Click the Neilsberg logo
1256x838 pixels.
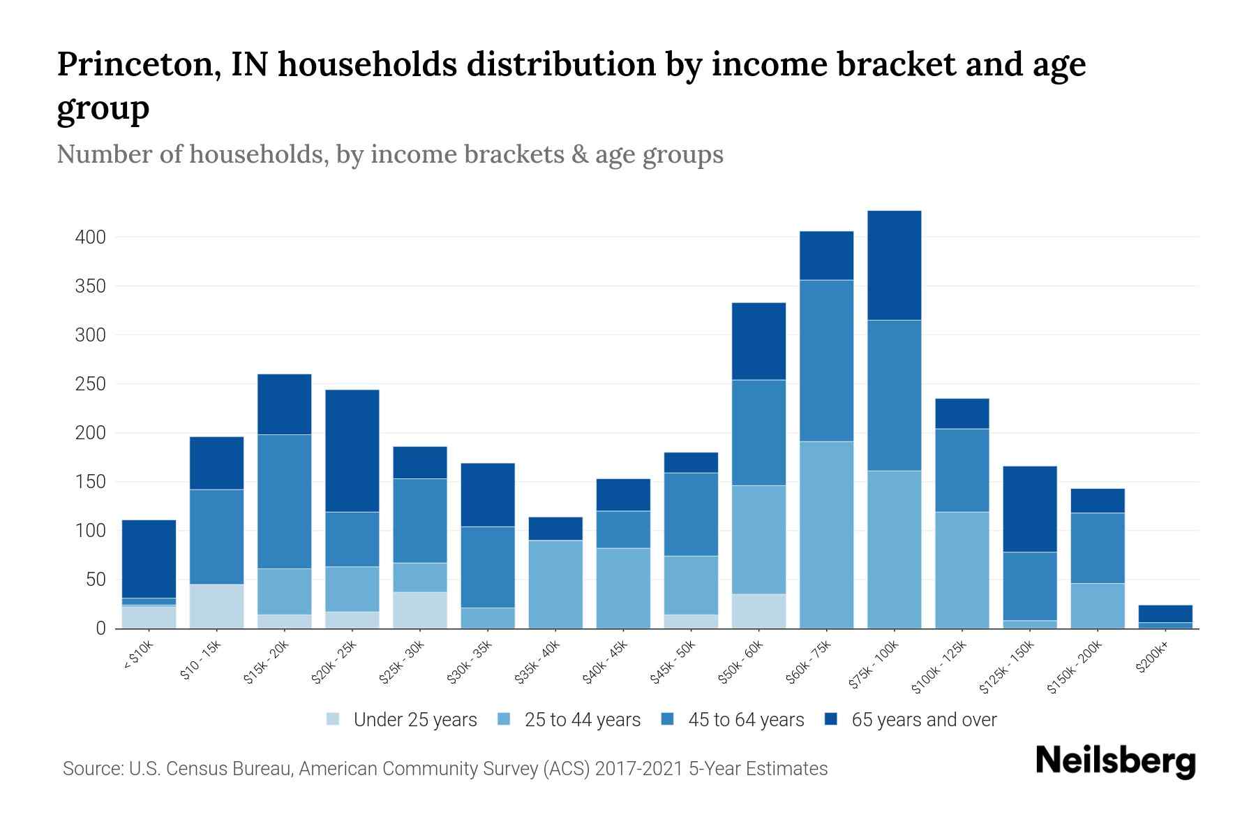click(x=1115, y=761)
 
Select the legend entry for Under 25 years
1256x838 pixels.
click(x=414, y=720)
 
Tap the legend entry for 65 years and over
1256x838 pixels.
click(x=923, y=720)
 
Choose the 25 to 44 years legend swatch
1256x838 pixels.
click(x=504, y=719)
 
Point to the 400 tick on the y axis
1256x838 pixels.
click(x=91, y=237)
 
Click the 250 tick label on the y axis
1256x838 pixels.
click(x=91, y=384)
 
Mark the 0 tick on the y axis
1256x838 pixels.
click(x=100, y=628)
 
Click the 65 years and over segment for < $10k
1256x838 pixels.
click(x=149, y=559)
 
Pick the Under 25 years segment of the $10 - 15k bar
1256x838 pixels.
click(x=216, y=606)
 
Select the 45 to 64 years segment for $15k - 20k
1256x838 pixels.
click(x=284, y=501)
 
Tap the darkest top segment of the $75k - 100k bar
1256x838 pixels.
click(x=894, y=265)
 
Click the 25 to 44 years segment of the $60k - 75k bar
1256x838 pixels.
click(x=826, y=535)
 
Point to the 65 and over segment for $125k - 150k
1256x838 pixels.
click(x=1029, y=509)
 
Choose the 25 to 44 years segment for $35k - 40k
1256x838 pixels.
click(x=555, y=585)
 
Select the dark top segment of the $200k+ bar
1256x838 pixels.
click(x=1165, y=613)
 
